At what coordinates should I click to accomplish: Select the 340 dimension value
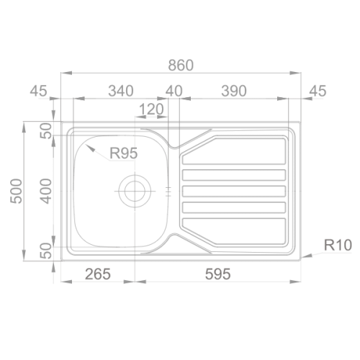(120, 91)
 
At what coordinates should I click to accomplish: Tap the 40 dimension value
(174, 91)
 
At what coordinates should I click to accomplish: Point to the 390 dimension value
(234, 91)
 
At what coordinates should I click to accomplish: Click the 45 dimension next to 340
(39, 91)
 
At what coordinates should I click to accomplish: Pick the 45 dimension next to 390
(316, 91)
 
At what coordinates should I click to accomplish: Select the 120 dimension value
(151, 110)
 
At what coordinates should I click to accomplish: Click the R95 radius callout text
(124, 153)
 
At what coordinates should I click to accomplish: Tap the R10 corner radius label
(336, 246)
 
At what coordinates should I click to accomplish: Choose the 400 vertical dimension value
(45, 192)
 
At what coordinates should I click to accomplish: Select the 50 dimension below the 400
(45, 251)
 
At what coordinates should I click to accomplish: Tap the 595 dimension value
(217, 274)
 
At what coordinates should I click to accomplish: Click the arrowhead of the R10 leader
(305, 255)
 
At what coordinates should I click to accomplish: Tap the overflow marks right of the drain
(168, 192)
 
